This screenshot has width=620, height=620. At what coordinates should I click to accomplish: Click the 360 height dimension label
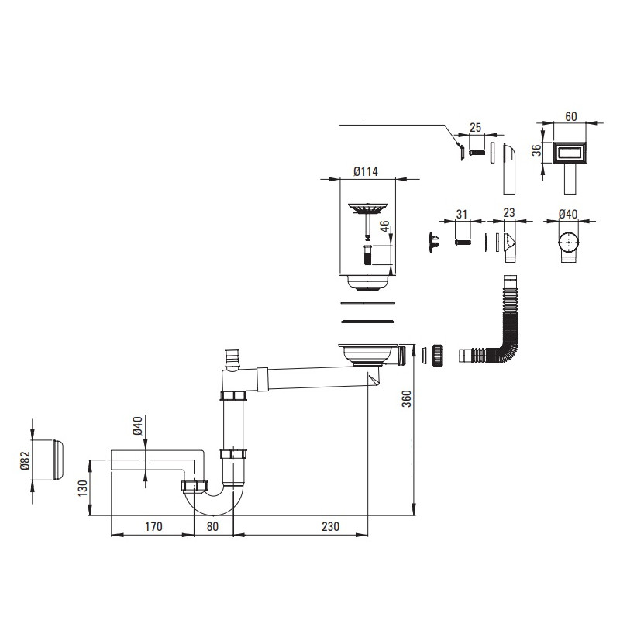pyautogui.click(x=406, y=398)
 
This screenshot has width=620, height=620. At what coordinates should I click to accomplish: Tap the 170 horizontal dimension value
pyautogui.click(x=153, y=527)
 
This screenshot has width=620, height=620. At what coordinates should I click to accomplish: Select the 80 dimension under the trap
pyautogui.click(x=212, y=527)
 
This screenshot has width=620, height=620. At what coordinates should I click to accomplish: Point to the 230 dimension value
pyautogui.click(x=330, y=527)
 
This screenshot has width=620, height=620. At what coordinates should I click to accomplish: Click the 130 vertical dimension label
pyautogui.click(x=83, y=488)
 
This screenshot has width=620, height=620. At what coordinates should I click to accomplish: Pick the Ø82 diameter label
pyautogui.click(x=25, y=460)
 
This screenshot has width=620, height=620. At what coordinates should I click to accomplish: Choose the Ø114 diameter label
pyautogui.click(x=366, y=171)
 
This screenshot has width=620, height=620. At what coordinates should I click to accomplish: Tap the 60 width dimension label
pyautogui.click(x=571, y=117)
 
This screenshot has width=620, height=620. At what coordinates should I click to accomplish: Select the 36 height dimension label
pyautogui.click(x=536, y=150)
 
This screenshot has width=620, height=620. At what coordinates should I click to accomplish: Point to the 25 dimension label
pyautogui.click(x=475, y=127)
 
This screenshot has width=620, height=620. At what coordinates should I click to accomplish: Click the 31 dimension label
pyautogui.click(x=461, y=215)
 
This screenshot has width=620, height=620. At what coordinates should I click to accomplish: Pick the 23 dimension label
pyautogui.click(x=509, y=212)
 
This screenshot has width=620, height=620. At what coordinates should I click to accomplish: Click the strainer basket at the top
pyautogui.click(x=367, y=208)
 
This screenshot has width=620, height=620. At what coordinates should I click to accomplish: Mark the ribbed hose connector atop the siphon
pyautogui.click(x=230, y=359)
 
